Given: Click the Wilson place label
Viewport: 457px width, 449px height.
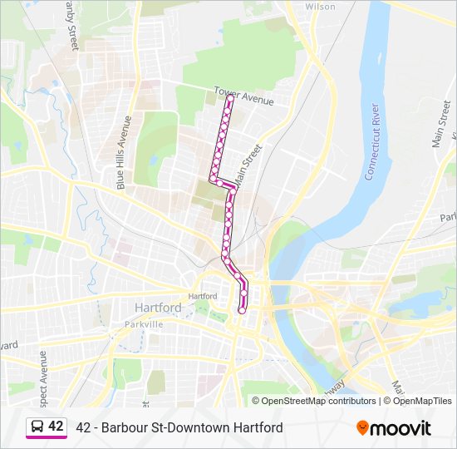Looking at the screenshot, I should point(320,7).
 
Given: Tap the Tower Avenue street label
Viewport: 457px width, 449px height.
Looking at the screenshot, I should point(243,96).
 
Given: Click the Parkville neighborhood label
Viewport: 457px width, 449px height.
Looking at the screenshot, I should point(142,324).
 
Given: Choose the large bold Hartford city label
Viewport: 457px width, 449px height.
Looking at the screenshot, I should point(157,308).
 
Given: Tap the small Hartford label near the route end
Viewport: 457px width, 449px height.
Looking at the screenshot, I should point(202,296).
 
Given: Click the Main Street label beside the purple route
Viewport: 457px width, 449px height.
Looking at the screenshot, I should point(248,165).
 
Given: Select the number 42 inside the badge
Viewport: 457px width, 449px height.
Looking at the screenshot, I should point(56,427).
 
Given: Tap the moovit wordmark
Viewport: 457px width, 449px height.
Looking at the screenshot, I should point(401,427).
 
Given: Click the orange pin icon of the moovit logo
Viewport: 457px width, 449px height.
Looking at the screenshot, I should point(362,427).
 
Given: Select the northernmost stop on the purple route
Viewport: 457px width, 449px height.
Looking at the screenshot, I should point(230,98).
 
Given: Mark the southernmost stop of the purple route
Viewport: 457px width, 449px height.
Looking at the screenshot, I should point(242,310).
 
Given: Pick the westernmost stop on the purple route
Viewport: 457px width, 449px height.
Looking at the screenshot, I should point(213,178).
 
